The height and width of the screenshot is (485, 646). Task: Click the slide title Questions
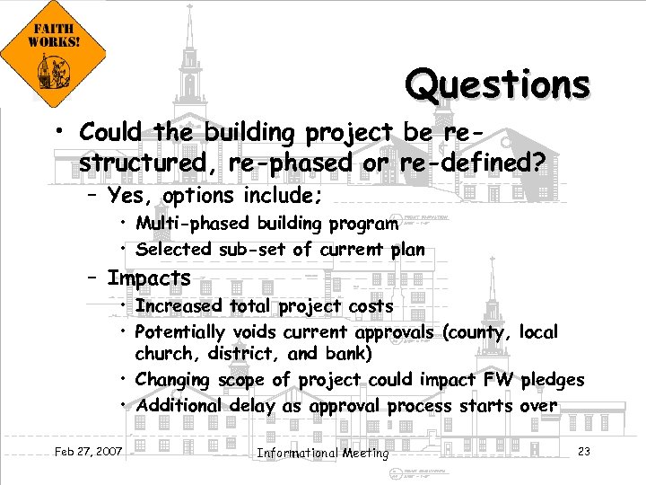click(x=497, y=84)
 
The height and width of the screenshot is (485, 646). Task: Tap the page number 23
click(x=583, y=451)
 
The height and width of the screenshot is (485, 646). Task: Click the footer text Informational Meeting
click(x=323, y=453)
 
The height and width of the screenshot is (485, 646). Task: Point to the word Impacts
click(x=149, y=278)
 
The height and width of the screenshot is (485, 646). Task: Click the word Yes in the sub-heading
click(x=127, y=196)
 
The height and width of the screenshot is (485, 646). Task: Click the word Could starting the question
click(x=111, y=133)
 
